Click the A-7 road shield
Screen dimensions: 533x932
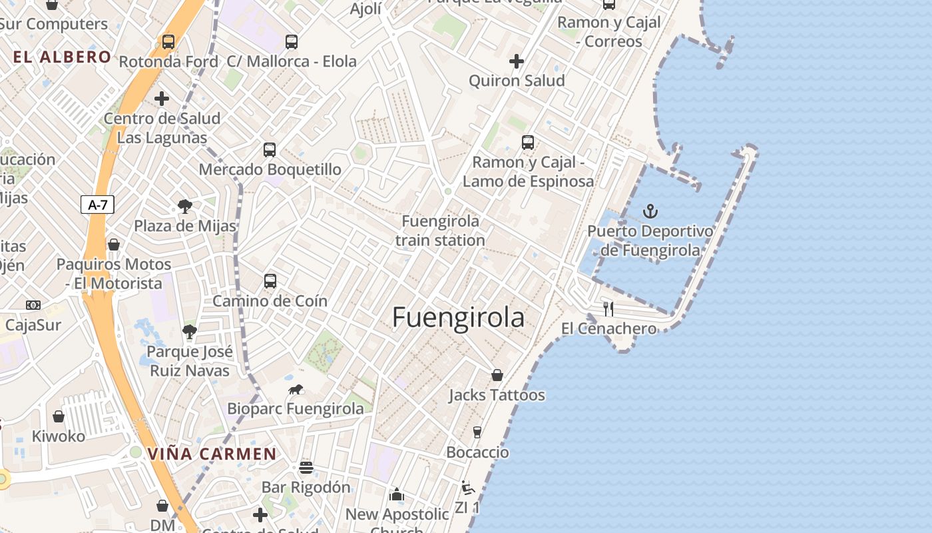tap(98, 205)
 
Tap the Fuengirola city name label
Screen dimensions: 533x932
tap(458, 317)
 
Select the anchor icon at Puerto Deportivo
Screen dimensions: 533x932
tap(650, 212)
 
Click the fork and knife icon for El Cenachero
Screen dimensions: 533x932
tap(608, 308)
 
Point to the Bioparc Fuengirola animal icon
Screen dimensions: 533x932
tap(296, 389)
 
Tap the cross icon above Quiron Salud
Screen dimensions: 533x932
tap(516, 61)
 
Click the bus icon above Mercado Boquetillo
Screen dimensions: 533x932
tap(269, 150)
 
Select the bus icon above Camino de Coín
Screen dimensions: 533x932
tap(270, 281)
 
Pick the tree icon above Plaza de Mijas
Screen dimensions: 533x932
tap(184, 207)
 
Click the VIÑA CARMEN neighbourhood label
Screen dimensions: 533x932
tap(212, 454)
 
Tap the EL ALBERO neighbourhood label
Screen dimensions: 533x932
tap(62, 57)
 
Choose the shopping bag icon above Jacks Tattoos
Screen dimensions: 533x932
tap(497, 375)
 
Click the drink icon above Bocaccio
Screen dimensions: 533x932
tap(477, 432)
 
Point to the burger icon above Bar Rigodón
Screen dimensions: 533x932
tap(306, 467)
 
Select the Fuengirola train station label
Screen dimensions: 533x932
tap(440, 231)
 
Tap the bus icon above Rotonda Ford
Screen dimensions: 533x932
tap(168, 42)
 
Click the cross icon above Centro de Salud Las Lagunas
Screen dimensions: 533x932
tap(161, 99)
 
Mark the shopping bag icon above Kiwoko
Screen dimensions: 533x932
tap(59, 416)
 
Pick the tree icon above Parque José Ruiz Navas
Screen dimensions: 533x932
tap(189, 332)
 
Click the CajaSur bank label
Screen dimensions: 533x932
tap(33, 325)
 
